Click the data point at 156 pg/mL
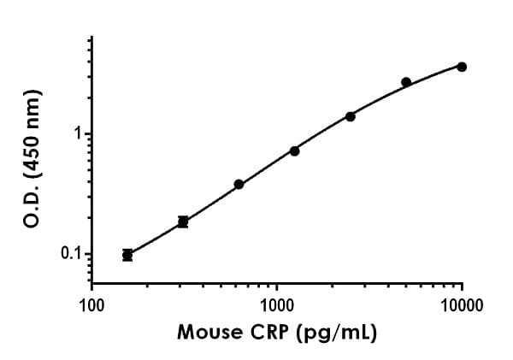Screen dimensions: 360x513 [x=127, y=254]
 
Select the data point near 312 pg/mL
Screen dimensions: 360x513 [x=183, y=221]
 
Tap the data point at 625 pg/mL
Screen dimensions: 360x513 [x=239, y=184]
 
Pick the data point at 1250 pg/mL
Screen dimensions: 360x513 [x=294, y=150]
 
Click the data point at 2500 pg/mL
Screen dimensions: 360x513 [x=351, y=116]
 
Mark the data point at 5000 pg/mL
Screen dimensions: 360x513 [x=406, y=82]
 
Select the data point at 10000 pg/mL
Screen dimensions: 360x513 [x=462, y=67]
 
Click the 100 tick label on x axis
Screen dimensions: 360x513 [x=91, y=304]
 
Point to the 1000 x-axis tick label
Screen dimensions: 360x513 [x=277, y=304]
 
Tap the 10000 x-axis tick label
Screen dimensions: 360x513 [x=462, y=304]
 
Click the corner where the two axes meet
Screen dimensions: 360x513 [x=92, y=283]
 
